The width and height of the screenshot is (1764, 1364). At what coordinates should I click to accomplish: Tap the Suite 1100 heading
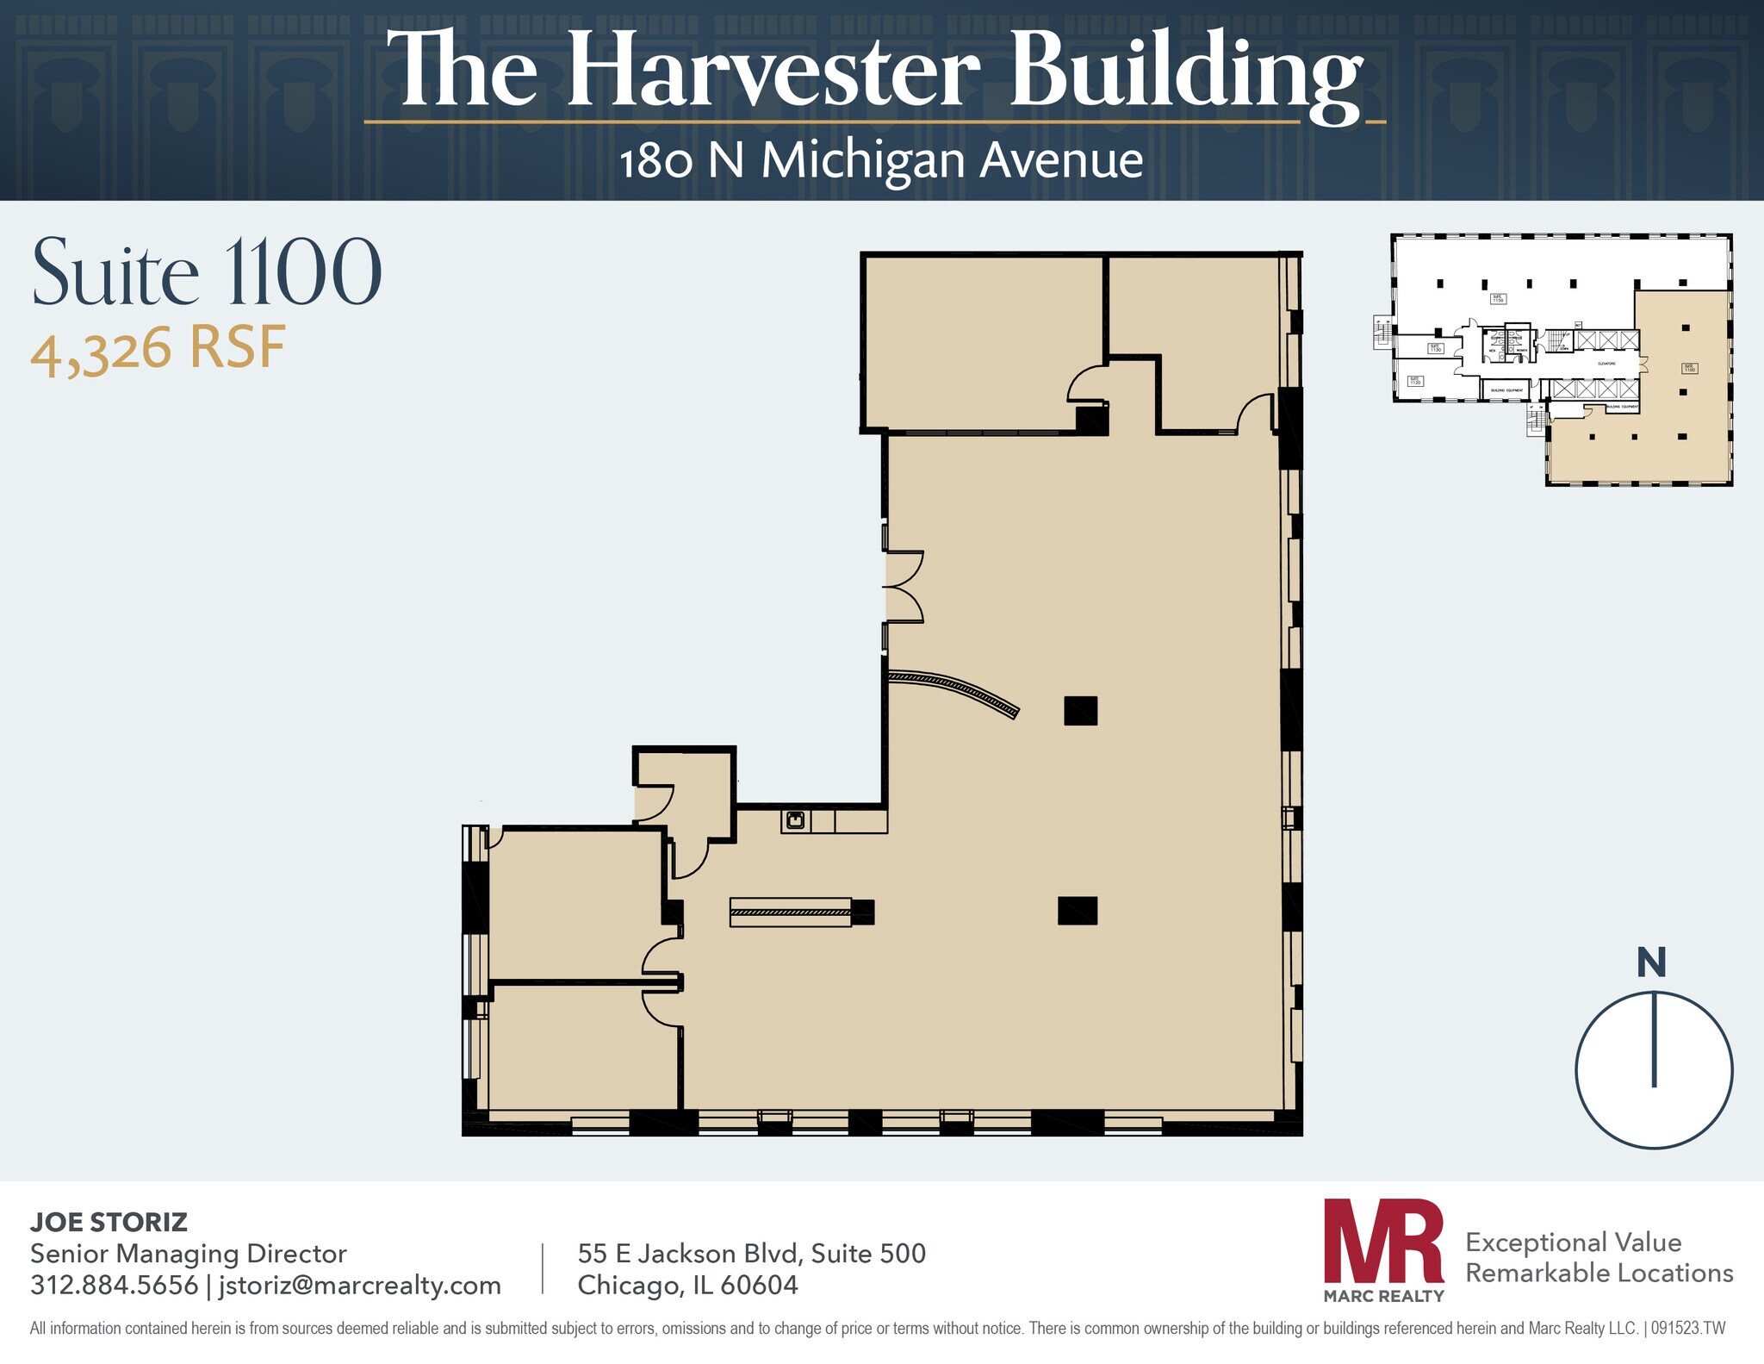pyautogui.click(x=207, y=273)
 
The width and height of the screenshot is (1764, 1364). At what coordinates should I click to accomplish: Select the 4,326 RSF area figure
pyautogui.click(x=158, y=349)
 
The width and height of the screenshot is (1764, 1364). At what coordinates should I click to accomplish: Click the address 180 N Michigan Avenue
pyautogui.click(x=881, y=161)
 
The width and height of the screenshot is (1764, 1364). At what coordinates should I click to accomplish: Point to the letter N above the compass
pyautogui.click(x=1651, y=963)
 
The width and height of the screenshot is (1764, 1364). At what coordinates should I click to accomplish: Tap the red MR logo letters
pyautogui.click(x=1383, y=1240)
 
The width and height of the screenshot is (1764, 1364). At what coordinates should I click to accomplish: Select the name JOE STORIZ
pyautogui.click(x=109, y=1221)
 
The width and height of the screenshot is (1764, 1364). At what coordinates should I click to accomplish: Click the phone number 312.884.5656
pyautogui.click(x=114, y=1285)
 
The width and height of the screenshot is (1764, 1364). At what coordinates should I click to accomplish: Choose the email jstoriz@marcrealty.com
pyautogui.click(x=359, y=1285)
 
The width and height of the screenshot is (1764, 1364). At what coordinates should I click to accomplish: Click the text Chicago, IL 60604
pyautogui.click(x=687, y=1285)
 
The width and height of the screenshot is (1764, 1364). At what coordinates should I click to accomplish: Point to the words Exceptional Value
pyautogui.click(x=1573, y=1242)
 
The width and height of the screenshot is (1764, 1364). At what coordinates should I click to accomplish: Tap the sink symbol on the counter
pyautogui.click(x=795, y=819)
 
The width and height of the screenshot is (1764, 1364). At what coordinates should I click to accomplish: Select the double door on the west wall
pyautogui.click(x=903, y=587)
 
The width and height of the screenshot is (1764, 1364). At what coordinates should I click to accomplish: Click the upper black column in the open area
pyautogui.click(x=1080, y=711)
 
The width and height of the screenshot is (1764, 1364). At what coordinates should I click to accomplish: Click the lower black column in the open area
pyautogui.click(x=1078, y=911)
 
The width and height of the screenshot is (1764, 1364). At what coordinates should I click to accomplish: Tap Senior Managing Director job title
pyautogui.click(x=188, y=1253)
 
